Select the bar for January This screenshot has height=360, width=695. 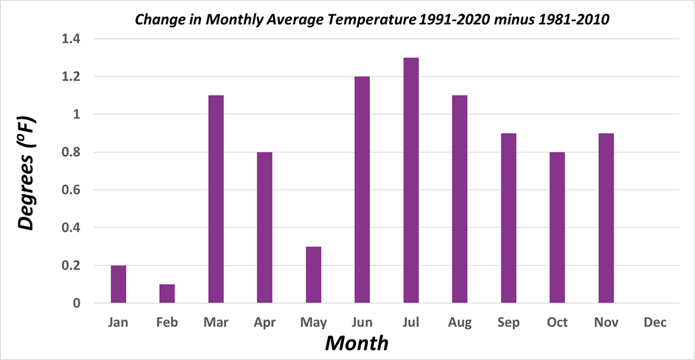pos(118,284)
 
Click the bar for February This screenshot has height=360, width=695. pos(167,293)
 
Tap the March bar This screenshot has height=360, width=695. pos(216,199)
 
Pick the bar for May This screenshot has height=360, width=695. pos(314,275)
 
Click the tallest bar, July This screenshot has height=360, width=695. pos(411,181)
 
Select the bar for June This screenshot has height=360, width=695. pos(362,190)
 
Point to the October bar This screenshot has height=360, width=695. pos(557,227)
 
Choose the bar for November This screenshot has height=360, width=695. pos(606,218)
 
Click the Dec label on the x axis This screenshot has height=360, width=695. pos(655,322)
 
